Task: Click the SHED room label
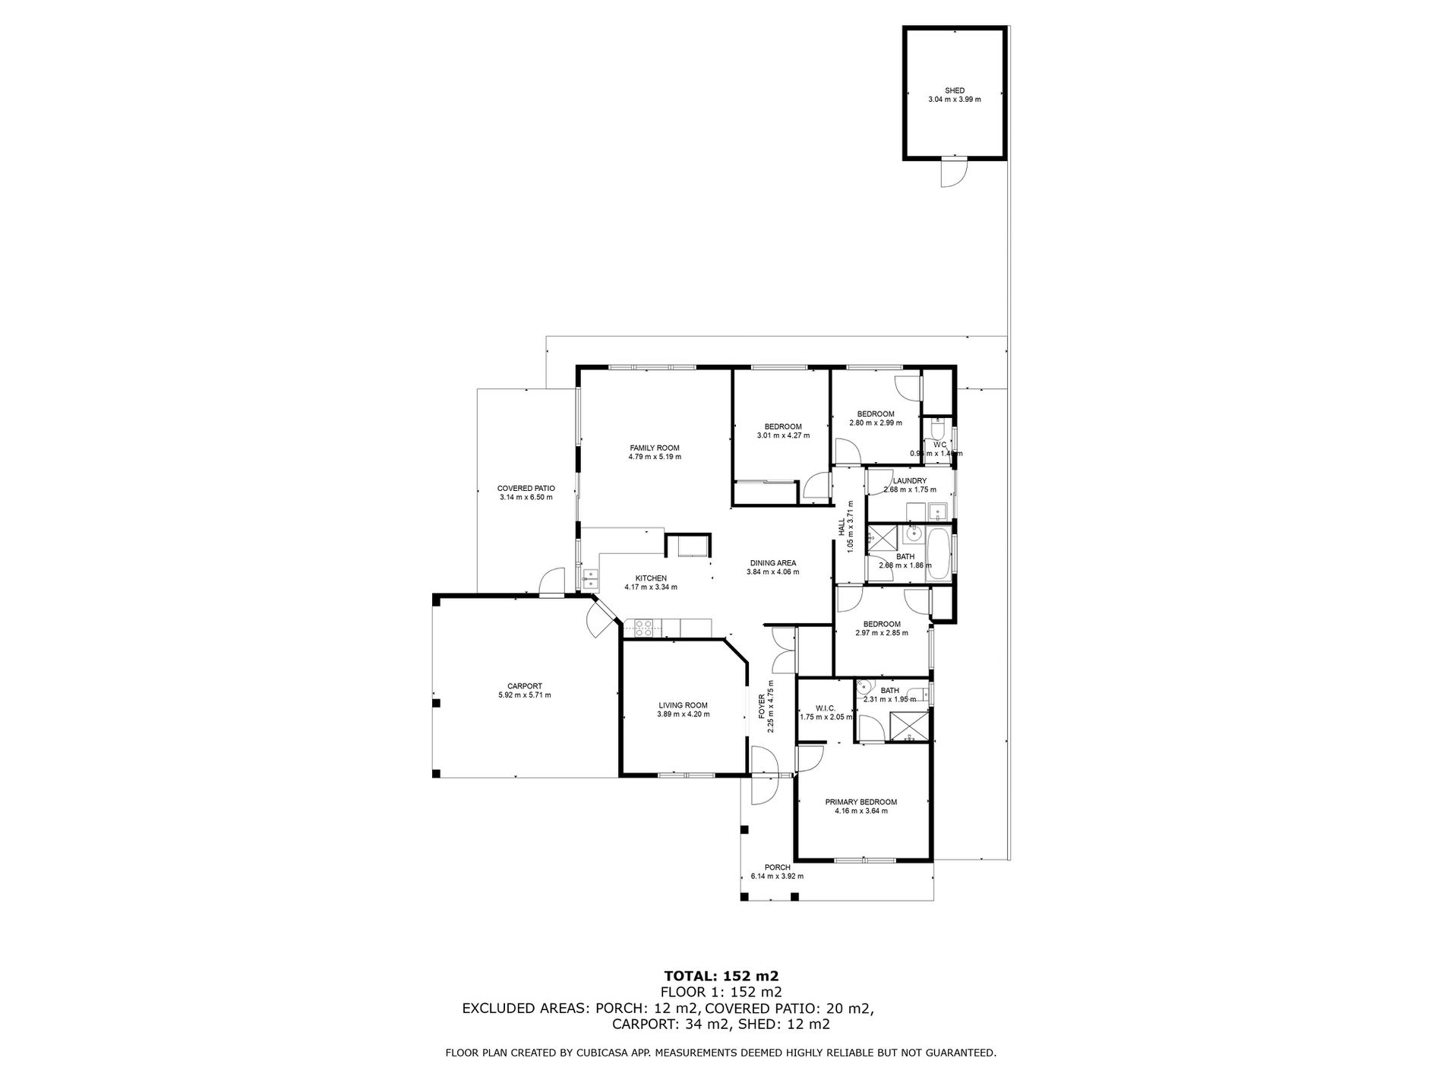click(x=955, y=90)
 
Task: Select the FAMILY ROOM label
click(x=655, y=448)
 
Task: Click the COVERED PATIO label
click(x=526, y=489)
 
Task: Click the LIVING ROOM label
click(x=683, y=705)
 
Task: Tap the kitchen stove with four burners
click(x=643, y=629)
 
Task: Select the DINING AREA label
click(x=772, y=563)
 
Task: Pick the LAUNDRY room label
click(x=909, y=481)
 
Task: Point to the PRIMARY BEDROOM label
click(x=861, y=802)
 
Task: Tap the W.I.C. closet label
click(x=826, y=708)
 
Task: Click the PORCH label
click(x=777, y=867)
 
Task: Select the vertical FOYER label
click(x=763, y=708)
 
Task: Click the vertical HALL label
click(x=841, y=527)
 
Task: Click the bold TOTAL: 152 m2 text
click(x=721, y=976)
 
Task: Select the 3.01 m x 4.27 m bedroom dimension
click(x=783, y=435)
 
